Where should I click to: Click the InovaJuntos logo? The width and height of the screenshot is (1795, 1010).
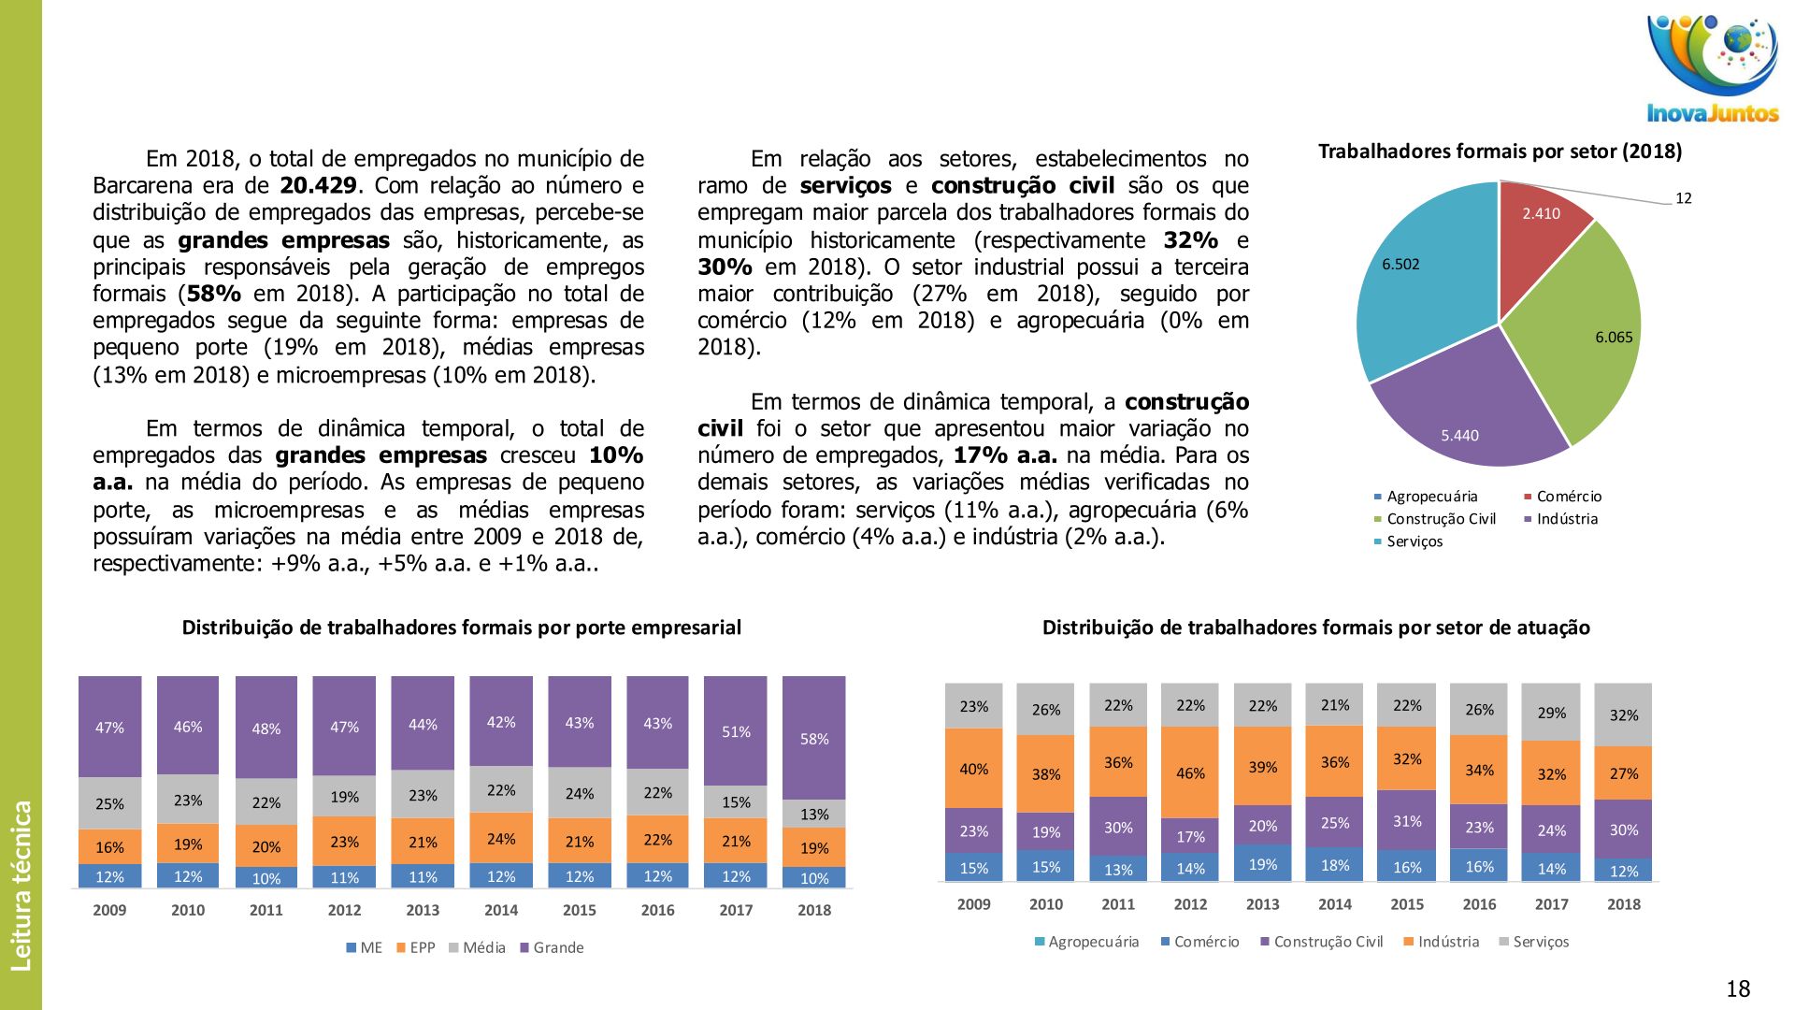(1713, 69)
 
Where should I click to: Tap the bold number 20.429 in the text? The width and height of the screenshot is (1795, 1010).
(319, 185)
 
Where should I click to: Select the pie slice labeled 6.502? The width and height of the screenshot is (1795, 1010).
(1421, 281)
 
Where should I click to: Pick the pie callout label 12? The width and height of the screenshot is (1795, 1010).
(1683, 198)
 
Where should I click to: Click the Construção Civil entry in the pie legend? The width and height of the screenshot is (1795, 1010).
(1441, 519)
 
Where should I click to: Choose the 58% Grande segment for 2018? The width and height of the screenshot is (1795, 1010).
(814, 738)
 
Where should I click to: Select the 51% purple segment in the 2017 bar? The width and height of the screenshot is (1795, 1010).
(736, 730)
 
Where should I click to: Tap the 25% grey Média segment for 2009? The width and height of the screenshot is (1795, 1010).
(109, 803)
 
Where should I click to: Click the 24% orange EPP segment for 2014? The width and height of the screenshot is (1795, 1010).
(501, 838)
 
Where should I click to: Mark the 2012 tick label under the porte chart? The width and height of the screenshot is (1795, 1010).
(344, 910)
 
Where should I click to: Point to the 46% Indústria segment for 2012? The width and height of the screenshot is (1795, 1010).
(1190, 772)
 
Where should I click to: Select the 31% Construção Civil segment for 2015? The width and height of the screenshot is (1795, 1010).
(1407, 820)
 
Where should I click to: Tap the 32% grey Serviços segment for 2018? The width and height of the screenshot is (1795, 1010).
(1624, 714)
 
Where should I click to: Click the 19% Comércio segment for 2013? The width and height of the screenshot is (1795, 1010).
(1262, 863)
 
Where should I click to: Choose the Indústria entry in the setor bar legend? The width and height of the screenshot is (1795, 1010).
(1448, 942)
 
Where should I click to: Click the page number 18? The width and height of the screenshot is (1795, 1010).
(1738, 988)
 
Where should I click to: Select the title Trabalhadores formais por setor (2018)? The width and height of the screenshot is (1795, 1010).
(1500, 151)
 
